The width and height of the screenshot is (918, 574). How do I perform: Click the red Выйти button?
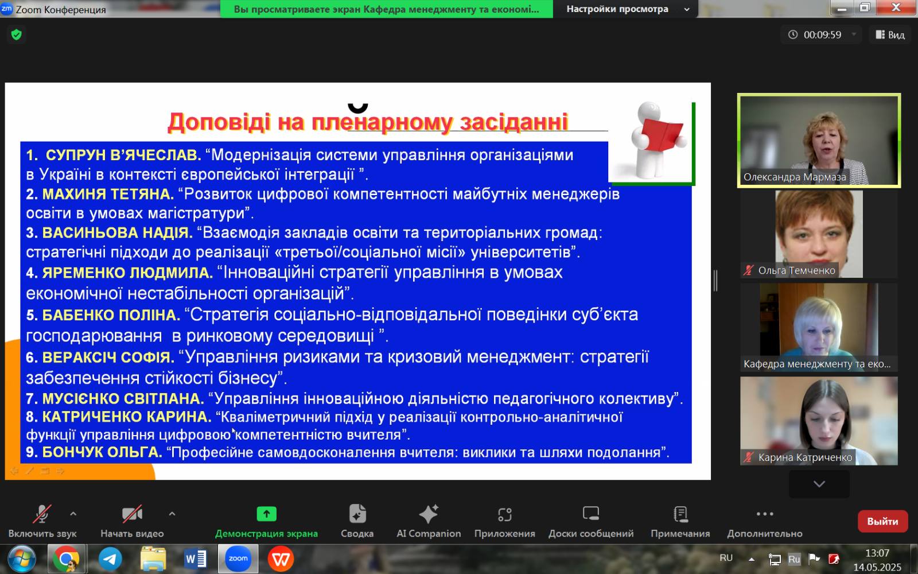click(883, 521)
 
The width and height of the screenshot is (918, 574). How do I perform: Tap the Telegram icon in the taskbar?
click(110, 559)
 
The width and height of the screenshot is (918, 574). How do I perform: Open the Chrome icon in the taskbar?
click(66, 559)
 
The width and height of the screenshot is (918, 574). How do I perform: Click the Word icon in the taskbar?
click(196, 559)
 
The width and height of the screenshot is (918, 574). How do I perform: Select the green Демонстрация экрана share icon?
click(266, 514)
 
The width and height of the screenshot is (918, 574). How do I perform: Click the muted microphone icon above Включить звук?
click(42, 514)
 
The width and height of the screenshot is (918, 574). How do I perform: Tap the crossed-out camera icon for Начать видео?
click(132, 514)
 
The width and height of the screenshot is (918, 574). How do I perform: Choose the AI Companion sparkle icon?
click(429, 514)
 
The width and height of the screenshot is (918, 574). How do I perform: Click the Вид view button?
click(890, 35)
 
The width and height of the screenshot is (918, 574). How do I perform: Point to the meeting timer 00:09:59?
click(822, 35)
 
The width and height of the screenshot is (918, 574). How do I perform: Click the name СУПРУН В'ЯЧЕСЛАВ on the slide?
click(123, 155)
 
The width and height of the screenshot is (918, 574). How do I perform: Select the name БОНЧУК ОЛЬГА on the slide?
click(103, 452)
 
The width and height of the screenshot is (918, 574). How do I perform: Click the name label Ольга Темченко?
click(796, 270)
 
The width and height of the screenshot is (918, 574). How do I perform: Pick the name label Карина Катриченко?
click(805, 457)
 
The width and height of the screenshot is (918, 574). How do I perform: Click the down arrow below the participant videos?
click(819, 484)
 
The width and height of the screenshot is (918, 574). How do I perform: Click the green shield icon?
click(17, 35)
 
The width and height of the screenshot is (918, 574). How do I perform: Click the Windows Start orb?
click(22, 559)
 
